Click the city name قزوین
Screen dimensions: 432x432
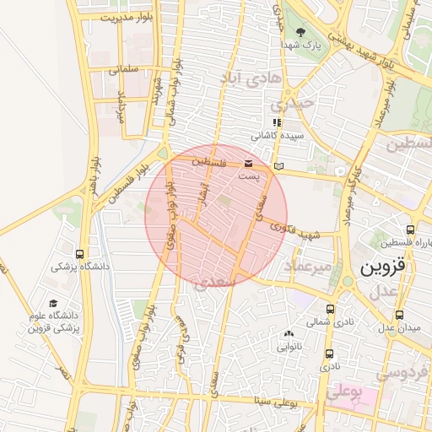[x=383, y=267]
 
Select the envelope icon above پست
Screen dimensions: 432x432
[x=248, y=163]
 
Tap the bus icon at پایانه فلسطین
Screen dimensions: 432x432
[x=410, y=229]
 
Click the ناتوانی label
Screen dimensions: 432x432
[x=289, y=346]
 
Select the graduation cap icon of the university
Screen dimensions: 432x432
[x=54, y=303]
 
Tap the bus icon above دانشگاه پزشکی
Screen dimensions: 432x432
[x=79, y=253]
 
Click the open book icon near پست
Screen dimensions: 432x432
[x=278, y=166]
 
